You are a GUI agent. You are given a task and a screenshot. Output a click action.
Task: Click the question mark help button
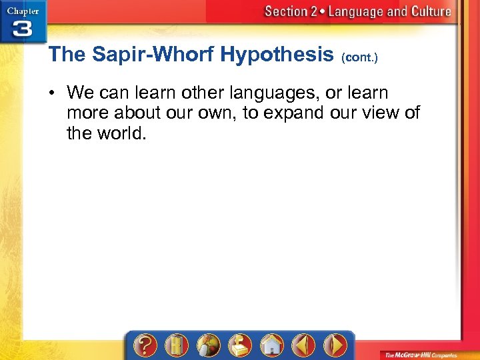coord(146,346)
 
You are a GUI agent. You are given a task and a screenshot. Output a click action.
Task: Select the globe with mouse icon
coord(209,346)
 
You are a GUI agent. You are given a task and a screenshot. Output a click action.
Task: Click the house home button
coord(271,346)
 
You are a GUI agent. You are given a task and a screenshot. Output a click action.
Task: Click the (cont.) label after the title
coord(359,57)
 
